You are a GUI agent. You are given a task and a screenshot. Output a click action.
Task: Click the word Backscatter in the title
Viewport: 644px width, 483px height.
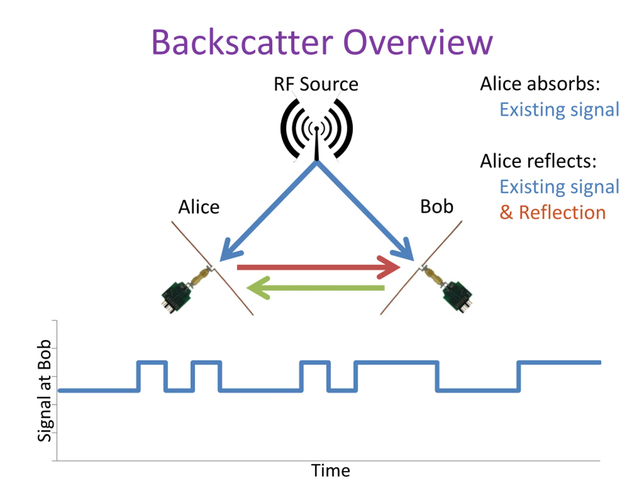(x=242, y=42)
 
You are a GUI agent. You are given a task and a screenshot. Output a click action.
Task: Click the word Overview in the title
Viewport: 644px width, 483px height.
(x=418, y=42)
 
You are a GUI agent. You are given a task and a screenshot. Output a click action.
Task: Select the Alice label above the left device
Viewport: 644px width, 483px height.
(x=199, y=207)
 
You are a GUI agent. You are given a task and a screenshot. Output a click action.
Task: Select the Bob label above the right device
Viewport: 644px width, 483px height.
(x=437, y=207)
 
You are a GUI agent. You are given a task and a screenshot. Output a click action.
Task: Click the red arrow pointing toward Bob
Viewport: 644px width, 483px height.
(x=318, y=267)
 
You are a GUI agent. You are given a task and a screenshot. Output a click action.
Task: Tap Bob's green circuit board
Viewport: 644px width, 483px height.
(x=457, y=297)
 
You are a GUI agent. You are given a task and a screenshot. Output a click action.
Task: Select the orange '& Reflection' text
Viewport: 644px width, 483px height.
(x=553, y=212)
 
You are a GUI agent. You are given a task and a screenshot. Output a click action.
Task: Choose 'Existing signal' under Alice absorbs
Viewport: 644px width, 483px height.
(x=559, y=110)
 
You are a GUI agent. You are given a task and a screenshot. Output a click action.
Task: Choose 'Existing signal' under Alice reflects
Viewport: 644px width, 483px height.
(x=559, y=187)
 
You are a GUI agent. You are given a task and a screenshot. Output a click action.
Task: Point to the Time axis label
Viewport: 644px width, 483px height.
(x=331, y=470)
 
